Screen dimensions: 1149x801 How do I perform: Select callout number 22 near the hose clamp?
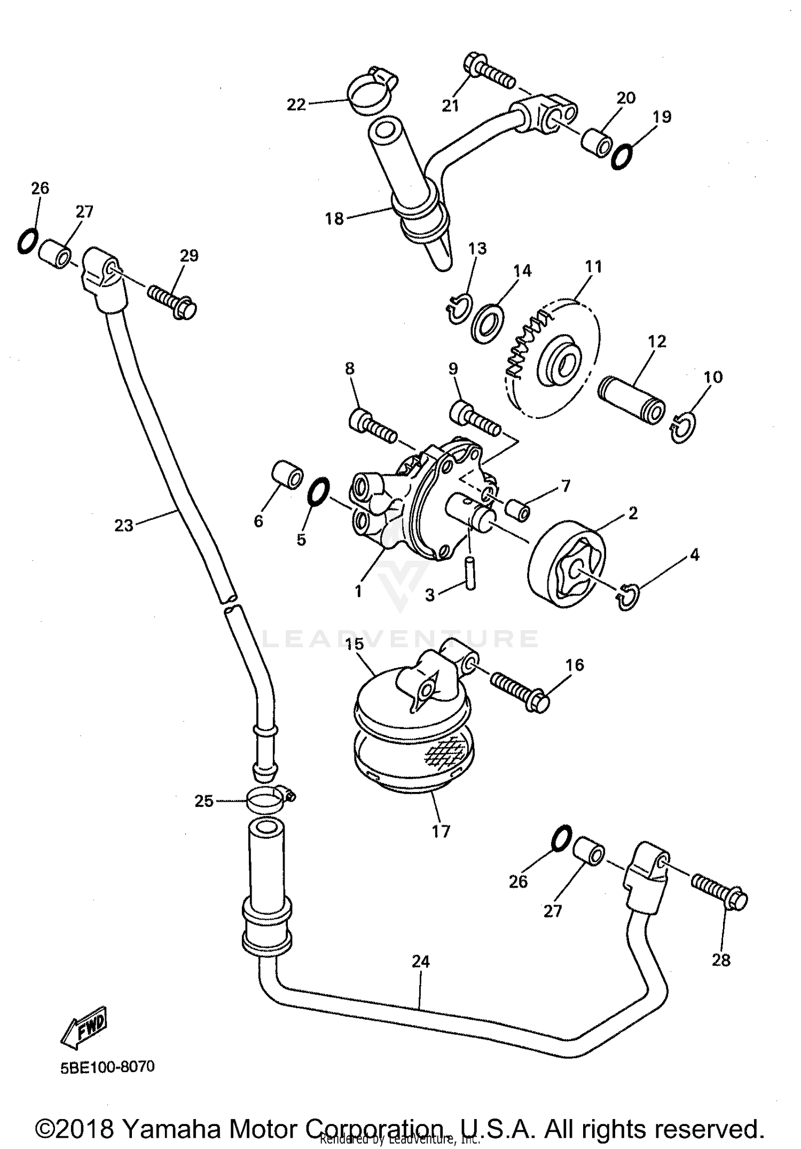[x=296, y=105]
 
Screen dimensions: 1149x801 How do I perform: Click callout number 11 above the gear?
[x=593, y=266]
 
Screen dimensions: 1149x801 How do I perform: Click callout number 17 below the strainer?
[x=441, y=831]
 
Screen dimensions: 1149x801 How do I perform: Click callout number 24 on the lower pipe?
[x=420, y=962]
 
